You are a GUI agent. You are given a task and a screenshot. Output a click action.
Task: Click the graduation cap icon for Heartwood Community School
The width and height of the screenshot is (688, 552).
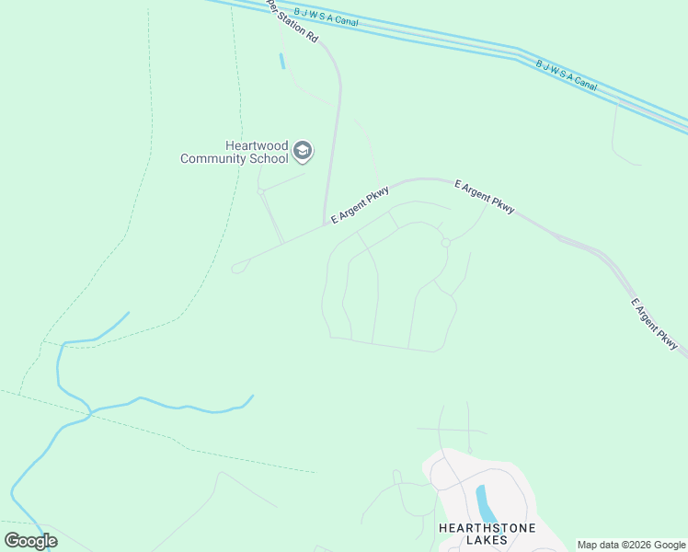coord(303,150)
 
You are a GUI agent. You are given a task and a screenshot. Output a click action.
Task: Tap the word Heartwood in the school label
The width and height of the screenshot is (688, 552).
coord(257,145)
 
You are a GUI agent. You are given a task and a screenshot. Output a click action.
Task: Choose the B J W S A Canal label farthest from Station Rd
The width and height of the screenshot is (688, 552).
coord(567,75)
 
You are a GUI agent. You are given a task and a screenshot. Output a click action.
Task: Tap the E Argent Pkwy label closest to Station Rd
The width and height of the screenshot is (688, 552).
coord(360,204)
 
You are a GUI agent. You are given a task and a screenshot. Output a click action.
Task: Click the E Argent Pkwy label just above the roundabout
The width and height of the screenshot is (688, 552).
coord(484,197)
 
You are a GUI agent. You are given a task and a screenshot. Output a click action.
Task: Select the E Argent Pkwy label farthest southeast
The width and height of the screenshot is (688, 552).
coord(654,324)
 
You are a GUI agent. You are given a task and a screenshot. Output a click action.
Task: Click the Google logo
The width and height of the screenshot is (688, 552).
coord(30,541)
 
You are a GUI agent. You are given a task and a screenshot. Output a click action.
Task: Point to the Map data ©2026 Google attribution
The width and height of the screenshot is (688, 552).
coord(632,545)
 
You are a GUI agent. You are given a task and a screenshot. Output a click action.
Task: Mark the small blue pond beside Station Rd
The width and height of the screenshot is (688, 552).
coord(281,62)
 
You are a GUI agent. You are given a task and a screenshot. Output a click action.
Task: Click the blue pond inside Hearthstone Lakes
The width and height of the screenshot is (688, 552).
coord(484,502)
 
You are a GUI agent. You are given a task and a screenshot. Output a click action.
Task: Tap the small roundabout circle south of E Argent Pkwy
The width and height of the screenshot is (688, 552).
coord(445,243)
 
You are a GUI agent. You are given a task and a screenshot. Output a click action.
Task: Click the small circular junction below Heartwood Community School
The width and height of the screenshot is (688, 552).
coord(261,191)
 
